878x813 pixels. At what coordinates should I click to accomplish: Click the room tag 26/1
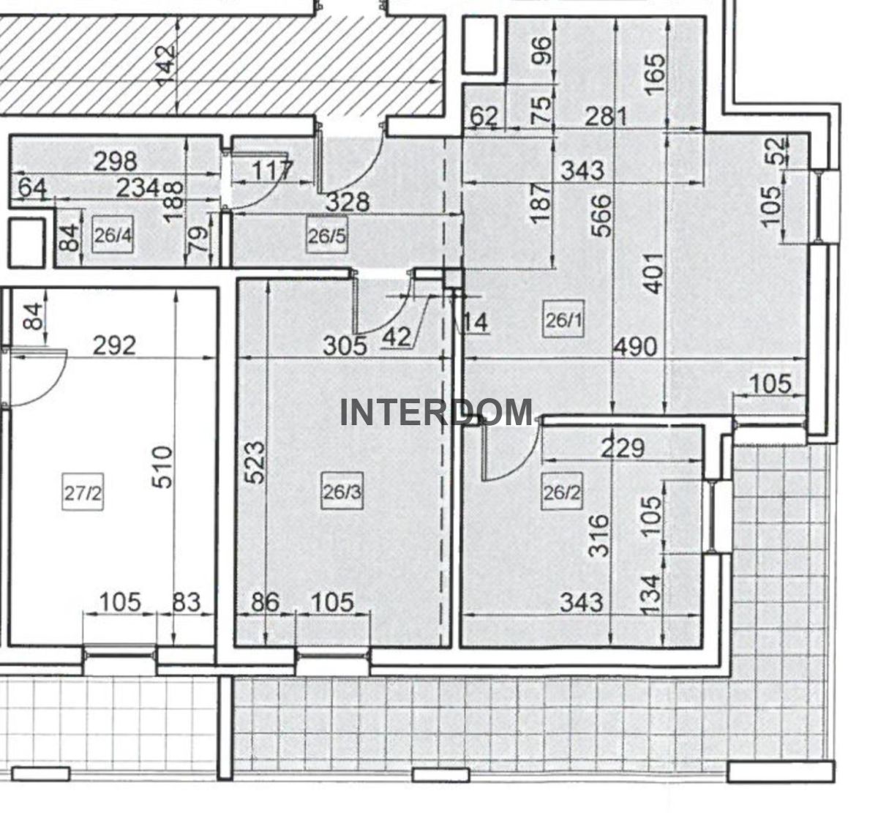click(x=563, y=321)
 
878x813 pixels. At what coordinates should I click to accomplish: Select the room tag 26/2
click(x=561, y=492)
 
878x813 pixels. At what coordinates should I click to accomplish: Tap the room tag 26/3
click(x=342, y=492)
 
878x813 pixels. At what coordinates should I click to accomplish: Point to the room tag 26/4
click(x=113, y=236)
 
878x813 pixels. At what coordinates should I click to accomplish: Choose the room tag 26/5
click(x=327, y=236)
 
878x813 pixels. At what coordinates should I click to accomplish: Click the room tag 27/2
click(x=83, y=492)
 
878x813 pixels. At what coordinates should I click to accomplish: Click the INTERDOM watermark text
click(x=437, y=412)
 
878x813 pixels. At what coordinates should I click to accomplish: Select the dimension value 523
click(x=256, y=462)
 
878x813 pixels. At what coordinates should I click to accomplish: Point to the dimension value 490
click(x=635, y=347)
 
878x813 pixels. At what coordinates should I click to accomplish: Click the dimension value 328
click(x=348, y=203)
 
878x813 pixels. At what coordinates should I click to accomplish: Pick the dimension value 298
click(x=116, y=162)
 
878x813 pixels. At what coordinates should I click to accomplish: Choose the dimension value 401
click(x=654, y=274)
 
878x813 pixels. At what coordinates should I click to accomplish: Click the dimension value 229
click(x=623, y=448)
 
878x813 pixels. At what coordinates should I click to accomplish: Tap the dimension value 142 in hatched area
click(x=166, y=64)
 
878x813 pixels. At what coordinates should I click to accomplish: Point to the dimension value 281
click(x=606, y=117)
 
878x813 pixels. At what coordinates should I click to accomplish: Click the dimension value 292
click(x=114, y=345)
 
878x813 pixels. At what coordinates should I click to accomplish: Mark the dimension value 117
click(x=273, y=170)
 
